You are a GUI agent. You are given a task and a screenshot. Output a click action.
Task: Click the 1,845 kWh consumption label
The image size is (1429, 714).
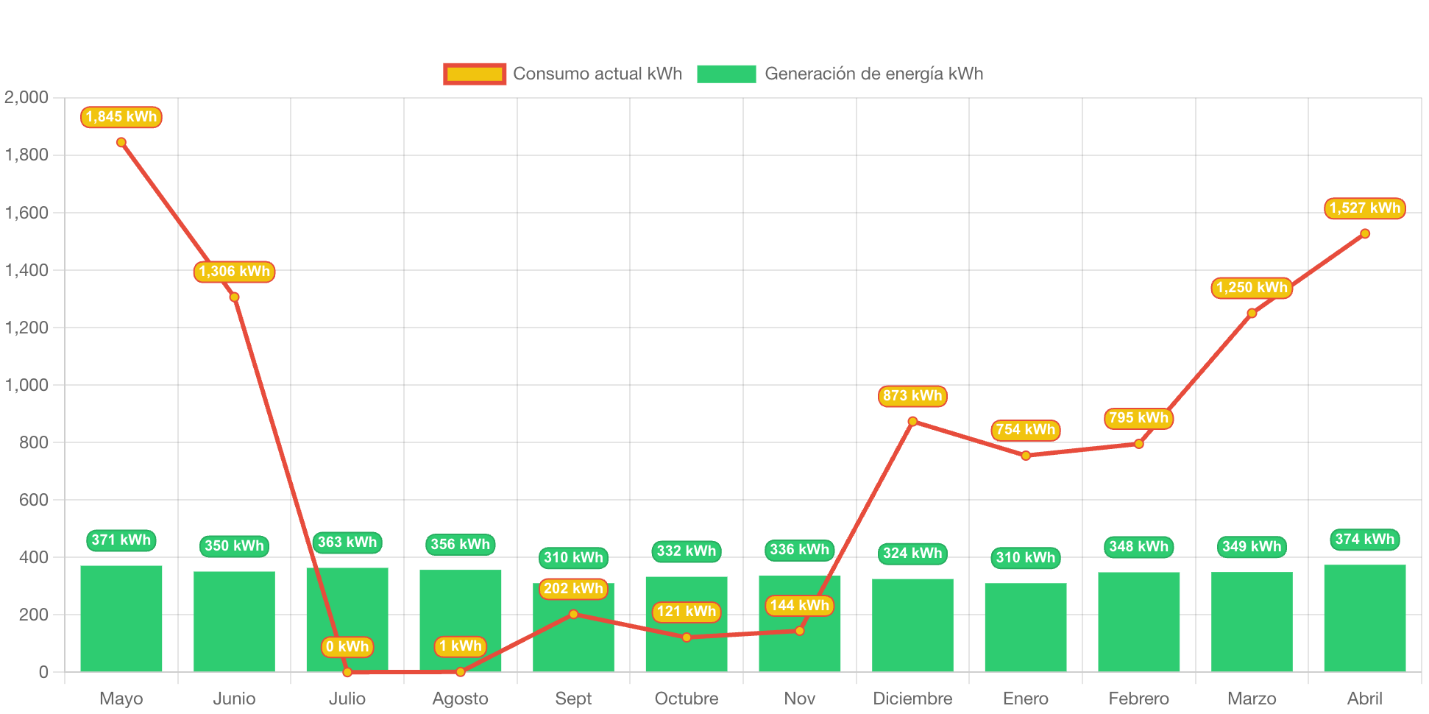[x=121, y=117]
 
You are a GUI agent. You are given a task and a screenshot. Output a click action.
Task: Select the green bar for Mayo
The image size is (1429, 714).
[x=121, y=618]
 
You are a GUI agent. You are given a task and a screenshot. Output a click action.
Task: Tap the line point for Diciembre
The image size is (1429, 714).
[x=912, y=421]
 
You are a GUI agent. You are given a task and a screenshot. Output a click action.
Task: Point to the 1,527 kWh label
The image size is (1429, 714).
[x=1365, y=208]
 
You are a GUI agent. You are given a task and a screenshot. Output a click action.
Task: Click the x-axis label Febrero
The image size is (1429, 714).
[x=1138, y=698]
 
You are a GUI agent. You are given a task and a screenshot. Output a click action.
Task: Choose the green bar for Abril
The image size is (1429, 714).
[x=1365, y=618]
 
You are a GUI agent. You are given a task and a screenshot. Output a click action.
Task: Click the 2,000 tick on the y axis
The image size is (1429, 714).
[x=26, y=97]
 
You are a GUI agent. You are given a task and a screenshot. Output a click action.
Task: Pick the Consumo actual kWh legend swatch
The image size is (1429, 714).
[x=475, y=74]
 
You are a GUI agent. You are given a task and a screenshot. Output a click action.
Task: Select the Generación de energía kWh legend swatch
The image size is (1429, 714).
[x=726, y=74]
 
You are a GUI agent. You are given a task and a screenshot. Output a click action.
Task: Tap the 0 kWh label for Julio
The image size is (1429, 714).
[x=347, y=647]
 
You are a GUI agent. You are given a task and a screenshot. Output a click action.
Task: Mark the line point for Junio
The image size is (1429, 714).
[x=234, y=297]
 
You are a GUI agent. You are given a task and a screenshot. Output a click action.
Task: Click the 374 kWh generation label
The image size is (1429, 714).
[x=1365, y=540]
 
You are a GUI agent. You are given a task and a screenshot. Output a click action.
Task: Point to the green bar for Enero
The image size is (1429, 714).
[x=1026, y=627]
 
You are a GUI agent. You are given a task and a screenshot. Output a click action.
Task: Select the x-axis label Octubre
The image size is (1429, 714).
[x=687, y=698]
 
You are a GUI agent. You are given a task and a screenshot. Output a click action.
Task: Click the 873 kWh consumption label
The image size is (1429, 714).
[x=912, y=396]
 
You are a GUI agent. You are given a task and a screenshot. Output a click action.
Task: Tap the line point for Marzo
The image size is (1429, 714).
[x=1252, y=313]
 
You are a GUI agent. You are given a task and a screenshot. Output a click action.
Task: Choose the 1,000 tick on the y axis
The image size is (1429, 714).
[x=26, y=385]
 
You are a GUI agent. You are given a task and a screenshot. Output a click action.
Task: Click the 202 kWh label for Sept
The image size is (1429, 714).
[x=573, y=589]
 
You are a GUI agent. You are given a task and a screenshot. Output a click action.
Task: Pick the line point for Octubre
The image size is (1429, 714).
[x=687, y=637]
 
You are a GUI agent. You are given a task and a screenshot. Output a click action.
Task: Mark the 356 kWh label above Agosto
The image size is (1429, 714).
[x=461, y=545]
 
